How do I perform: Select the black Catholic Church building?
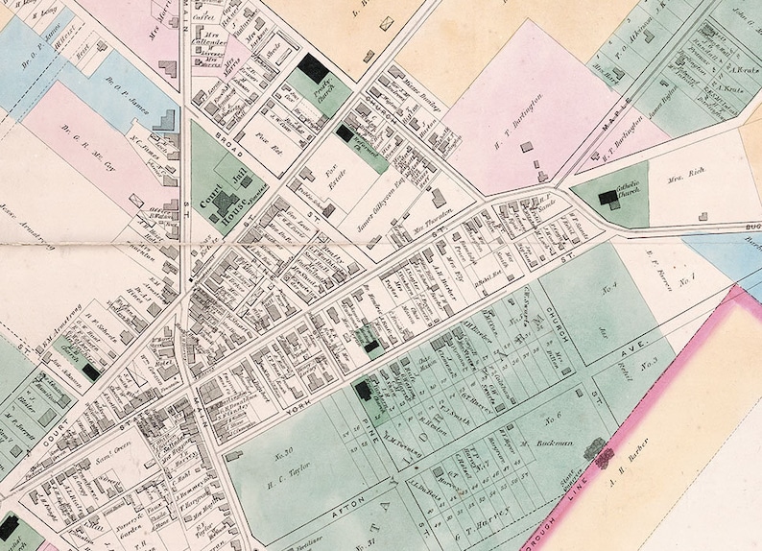pos(608,198)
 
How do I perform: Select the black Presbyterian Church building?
pos(313,67)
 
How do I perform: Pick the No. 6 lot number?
pos(551,417)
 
